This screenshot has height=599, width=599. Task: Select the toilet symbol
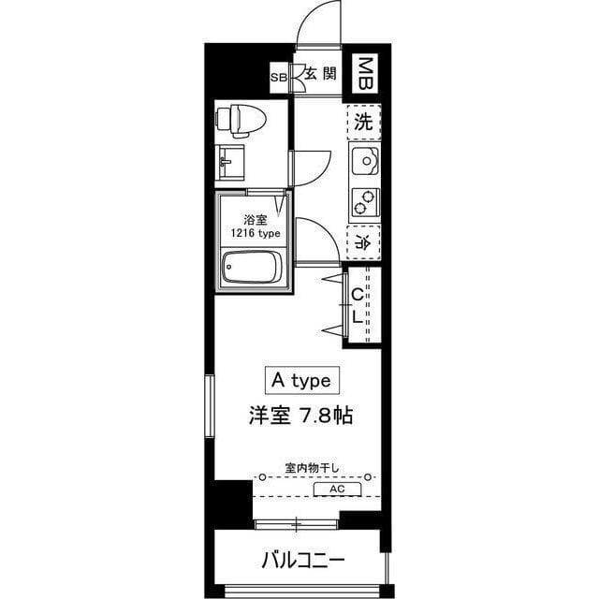pyautogui.click(x=242, y=119)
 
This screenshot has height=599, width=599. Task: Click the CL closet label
pyautogui.click(x=358, y=305)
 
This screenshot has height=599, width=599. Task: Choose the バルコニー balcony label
pyautogui.click(x=302, y=562)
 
